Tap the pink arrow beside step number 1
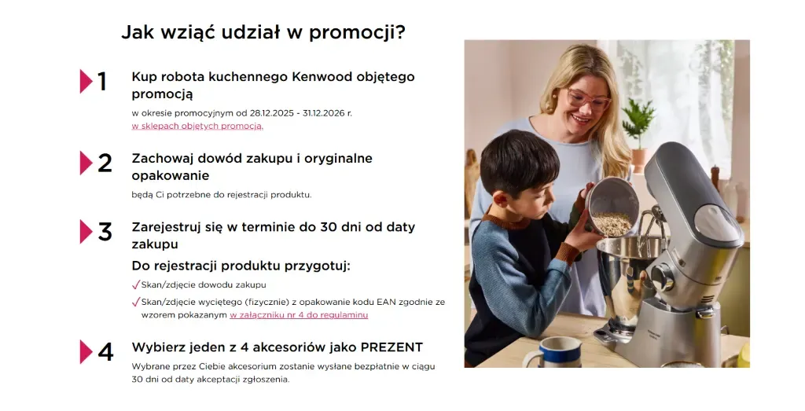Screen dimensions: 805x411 pos(86,81)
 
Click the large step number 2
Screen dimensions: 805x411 pos(105,163)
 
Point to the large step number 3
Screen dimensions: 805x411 pos(105,232)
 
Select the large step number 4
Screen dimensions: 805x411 pos(105,352)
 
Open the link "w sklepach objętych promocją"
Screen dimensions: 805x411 pos(197,127)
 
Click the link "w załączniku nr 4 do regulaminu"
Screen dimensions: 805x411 pos(299,315)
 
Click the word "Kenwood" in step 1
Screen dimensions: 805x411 pos(322,77)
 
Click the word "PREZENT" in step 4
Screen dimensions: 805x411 pos(391,347)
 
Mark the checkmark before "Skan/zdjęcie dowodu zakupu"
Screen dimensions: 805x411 pos(136,284)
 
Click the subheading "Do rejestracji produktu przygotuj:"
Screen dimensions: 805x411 pos(241,266)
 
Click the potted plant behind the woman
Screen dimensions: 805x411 pos(638,134)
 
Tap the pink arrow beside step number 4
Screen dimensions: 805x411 pos(86,352)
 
